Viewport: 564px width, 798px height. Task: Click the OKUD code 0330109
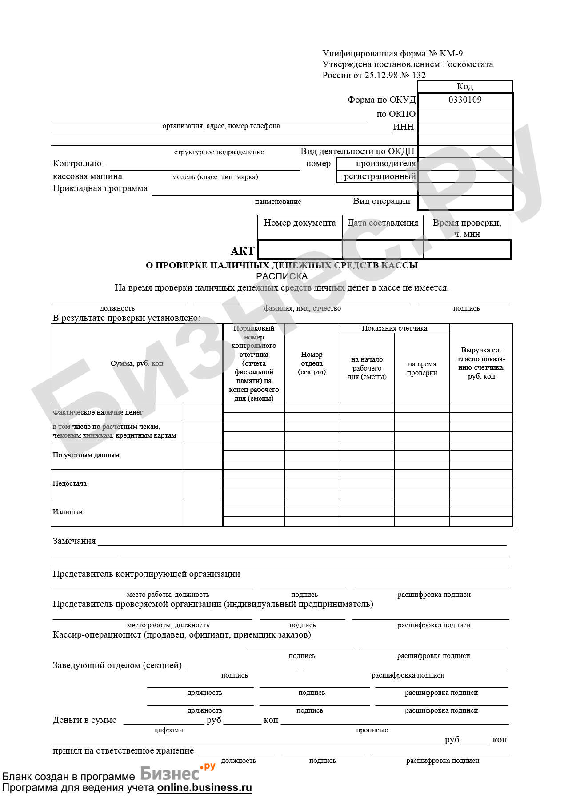[x=465, y=100]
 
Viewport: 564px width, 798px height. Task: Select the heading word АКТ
[x=243, y=251]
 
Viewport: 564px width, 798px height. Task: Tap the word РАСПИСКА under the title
[x=282, y=276]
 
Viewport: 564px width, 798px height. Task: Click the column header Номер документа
[x=300, y=223]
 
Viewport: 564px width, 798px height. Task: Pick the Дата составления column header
[x=383, y=223]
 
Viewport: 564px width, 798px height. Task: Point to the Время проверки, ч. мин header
[x=467, y=228]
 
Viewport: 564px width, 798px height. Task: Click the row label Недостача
[x=70, y=483]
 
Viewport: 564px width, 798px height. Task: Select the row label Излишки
[x=68, y=512]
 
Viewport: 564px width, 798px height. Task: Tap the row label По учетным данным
[x=86, y=455]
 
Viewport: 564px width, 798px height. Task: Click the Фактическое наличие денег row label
[x=98, y=412]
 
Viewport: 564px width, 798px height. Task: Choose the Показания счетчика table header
[x=394, y=328]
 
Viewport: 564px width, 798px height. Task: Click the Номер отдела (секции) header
[x=312, y=363]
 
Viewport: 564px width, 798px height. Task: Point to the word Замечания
[x=74, y=541]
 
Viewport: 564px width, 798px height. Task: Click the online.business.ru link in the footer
[x=204, y=788]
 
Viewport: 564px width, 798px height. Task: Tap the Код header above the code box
[x=465, y=86]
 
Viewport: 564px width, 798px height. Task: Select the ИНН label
[x=404, y=127]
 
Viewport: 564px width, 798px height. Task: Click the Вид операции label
[x=382, y=201]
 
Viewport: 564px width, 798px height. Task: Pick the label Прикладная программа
[x=100, y=188]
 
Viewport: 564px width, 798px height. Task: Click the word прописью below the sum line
[x=372, y=730]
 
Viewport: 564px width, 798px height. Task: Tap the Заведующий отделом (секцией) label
[x=117, y=666]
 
